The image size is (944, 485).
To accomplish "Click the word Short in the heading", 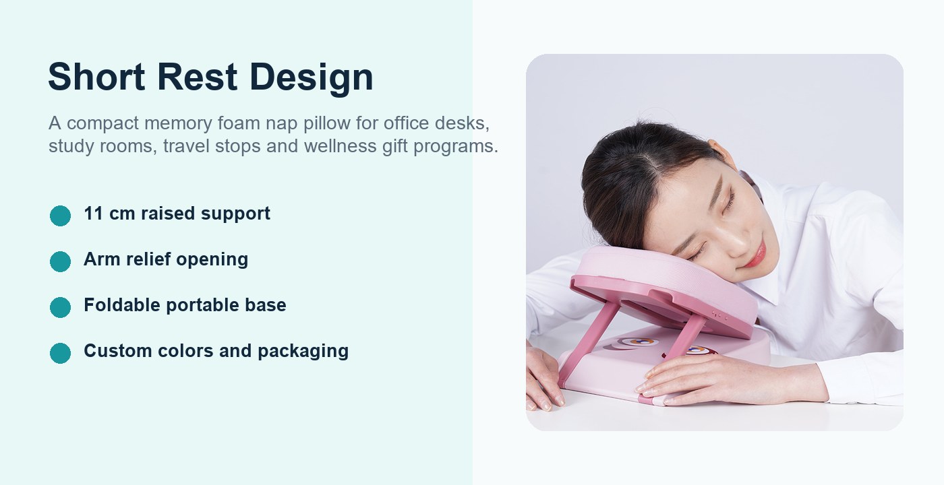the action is pos(96,77).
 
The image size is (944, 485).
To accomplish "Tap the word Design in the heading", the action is pos(312,79).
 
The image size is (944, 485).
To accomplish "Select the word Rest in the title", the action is pos(197,77).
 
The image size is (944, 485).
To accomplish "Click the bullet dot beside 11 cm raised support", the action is pos(60,216).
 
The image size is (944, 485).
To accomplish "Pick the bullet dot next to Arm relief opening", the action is pos(60,262).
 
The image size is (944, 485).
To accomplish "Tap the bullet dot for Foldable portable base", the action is pos(60,307).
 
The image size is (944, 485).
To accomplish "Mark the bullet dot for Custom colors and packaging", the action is pos(60,353).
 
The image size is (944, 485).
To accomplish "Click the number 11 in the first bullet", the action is pos(93,214).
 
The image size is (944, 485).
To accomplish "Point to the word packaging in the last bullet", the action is pos(303,352).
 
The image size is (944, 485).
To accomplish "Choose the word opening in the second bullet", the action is pos(212,260).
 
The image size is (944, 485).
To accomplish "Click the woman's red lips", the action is pos(756,254).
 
